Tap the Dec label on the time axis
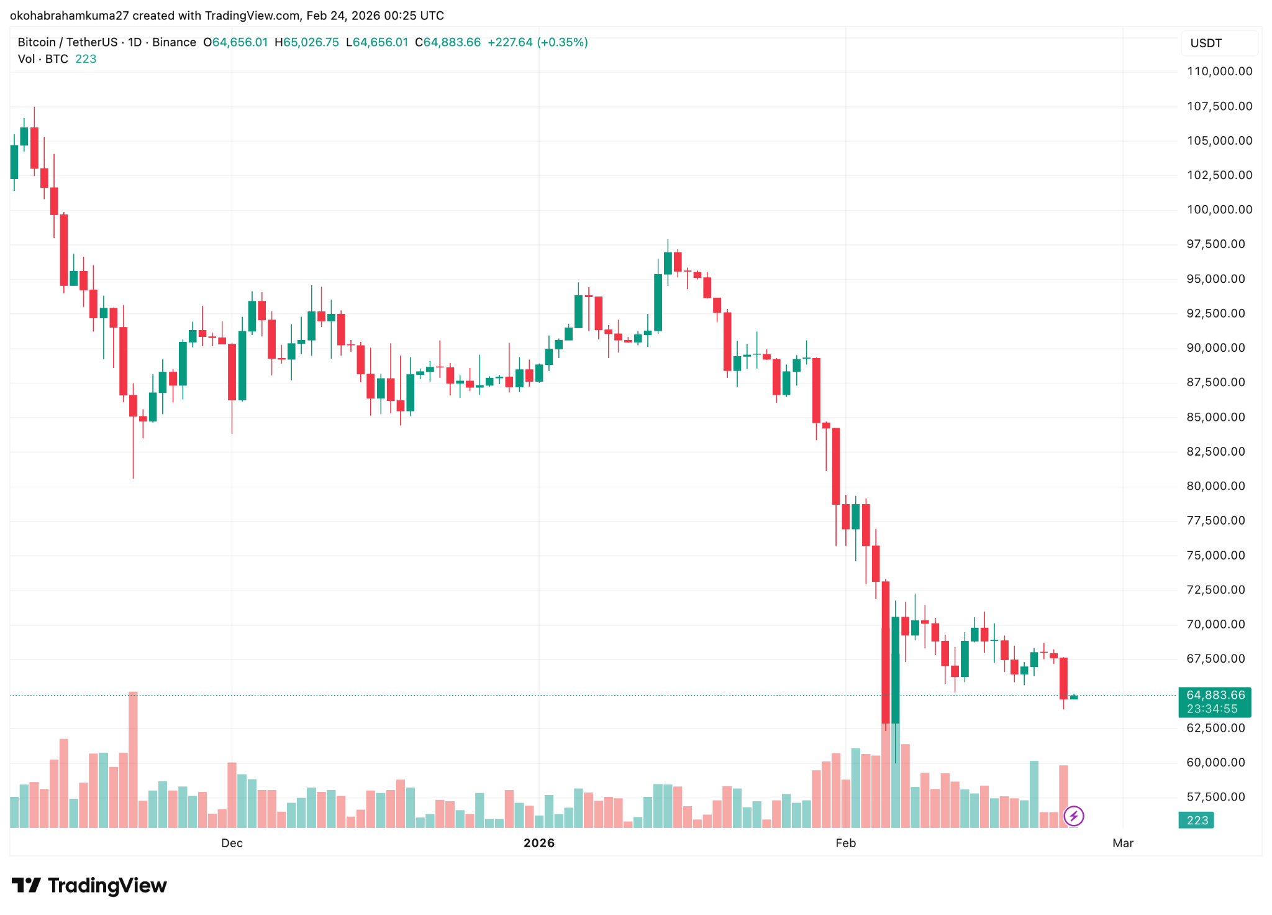pos(232,843)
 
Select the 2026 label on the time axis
pos(538,843)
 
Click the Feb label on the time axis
pos(845,843)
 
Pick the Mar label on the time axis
pos(1122,843)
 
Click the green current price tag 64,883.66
pos(1214,696)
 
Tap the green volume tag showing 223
pos(1197,821)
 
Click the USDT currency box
pos(1219,43)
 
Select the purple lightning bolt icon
pos(1074,816)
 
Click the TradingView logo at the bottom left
pos(89,885)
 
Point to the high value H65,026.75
pos(307,42)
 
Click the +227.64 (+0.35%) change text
pos(537,42)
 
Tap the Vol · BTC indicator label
pos(43,59)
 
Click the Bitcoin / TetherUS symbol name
pos(67,42)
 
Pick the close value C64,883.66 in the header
pos(448,42)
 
